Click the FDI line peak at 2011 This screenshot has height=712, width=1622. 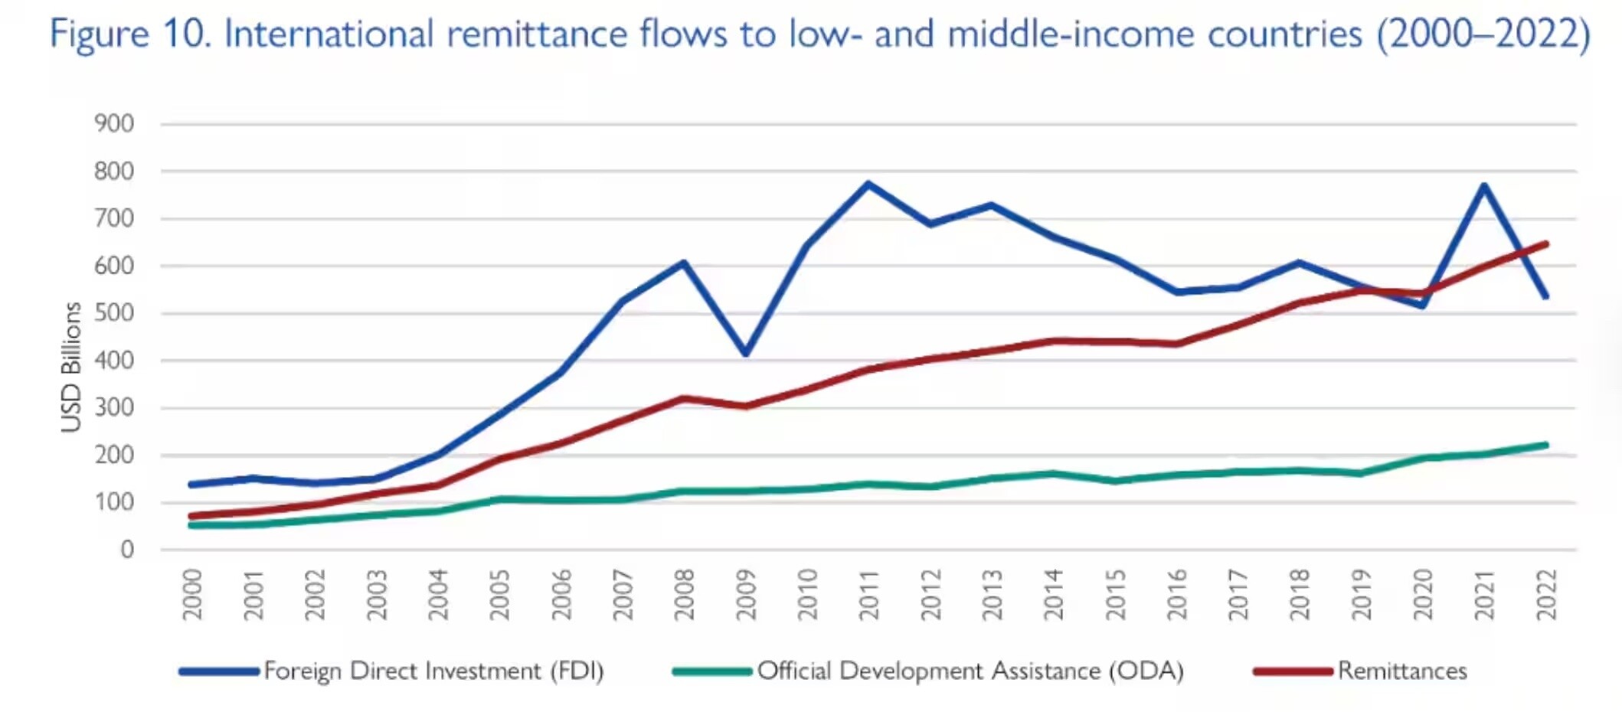(868, 184)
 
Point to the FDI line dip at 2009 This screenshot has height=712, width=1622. (745, 353)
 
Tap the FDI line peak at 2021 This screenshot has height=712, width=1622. (1484, 186)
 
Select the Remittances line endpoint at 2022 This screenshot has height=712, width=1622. (1545, 244)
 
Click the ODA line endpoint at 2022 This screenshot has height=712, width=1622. (1545, 445)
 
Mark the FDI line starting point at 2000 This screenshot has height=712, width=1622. (191, 484)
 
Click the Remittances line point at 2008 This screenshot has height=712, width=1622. (683, 398)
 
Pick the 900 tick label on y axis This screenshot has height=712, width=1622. (114, 123)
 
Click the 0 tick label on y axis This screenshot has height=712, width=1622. (127, 549)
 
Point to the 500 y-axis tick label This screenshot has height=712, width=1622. (114, 313)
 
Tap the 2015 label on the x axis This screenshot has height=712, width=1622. (1115, 594)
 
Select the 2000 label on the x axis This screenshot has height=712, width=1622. (191, 594)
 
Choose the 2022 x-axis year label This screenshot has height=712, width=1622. (1546, 594)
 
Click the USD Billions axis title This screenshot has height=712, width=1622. (70, 367)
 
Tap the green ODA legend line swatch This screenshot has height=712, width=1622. (712, 671)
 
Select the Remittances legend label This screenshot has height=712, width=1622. (1402, 671)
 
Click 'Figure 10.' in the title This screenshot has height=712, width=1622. (130, 34)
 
